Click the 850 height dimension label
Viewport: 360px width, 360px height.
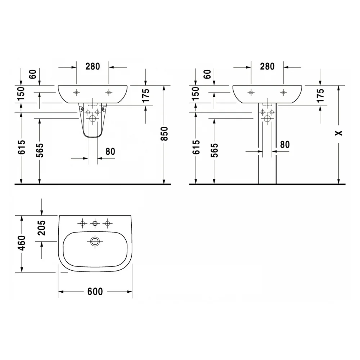(x=165, y=134)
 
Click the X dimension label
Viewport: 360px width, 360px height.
(x=339, y=133)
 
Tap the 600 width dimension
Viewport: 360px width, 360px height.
(x=95, y=292)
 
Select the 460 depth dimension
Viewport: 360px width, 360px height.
(x=22, y=243)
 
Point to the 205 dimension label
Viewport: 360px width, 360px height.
(x=41, y=228)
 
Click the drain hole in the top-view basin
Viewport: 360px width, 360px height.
(x=95, y=242)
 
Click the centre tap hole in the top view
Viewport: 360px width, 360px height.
(x=95, y=223)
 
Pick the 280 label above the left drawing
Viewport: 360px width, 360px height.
(x=93, y=67)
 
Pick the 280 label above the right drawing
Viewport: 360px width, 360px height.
(x=267, y=67)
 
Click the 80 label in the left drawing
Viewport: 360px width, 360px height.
(x=110, y=152)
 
